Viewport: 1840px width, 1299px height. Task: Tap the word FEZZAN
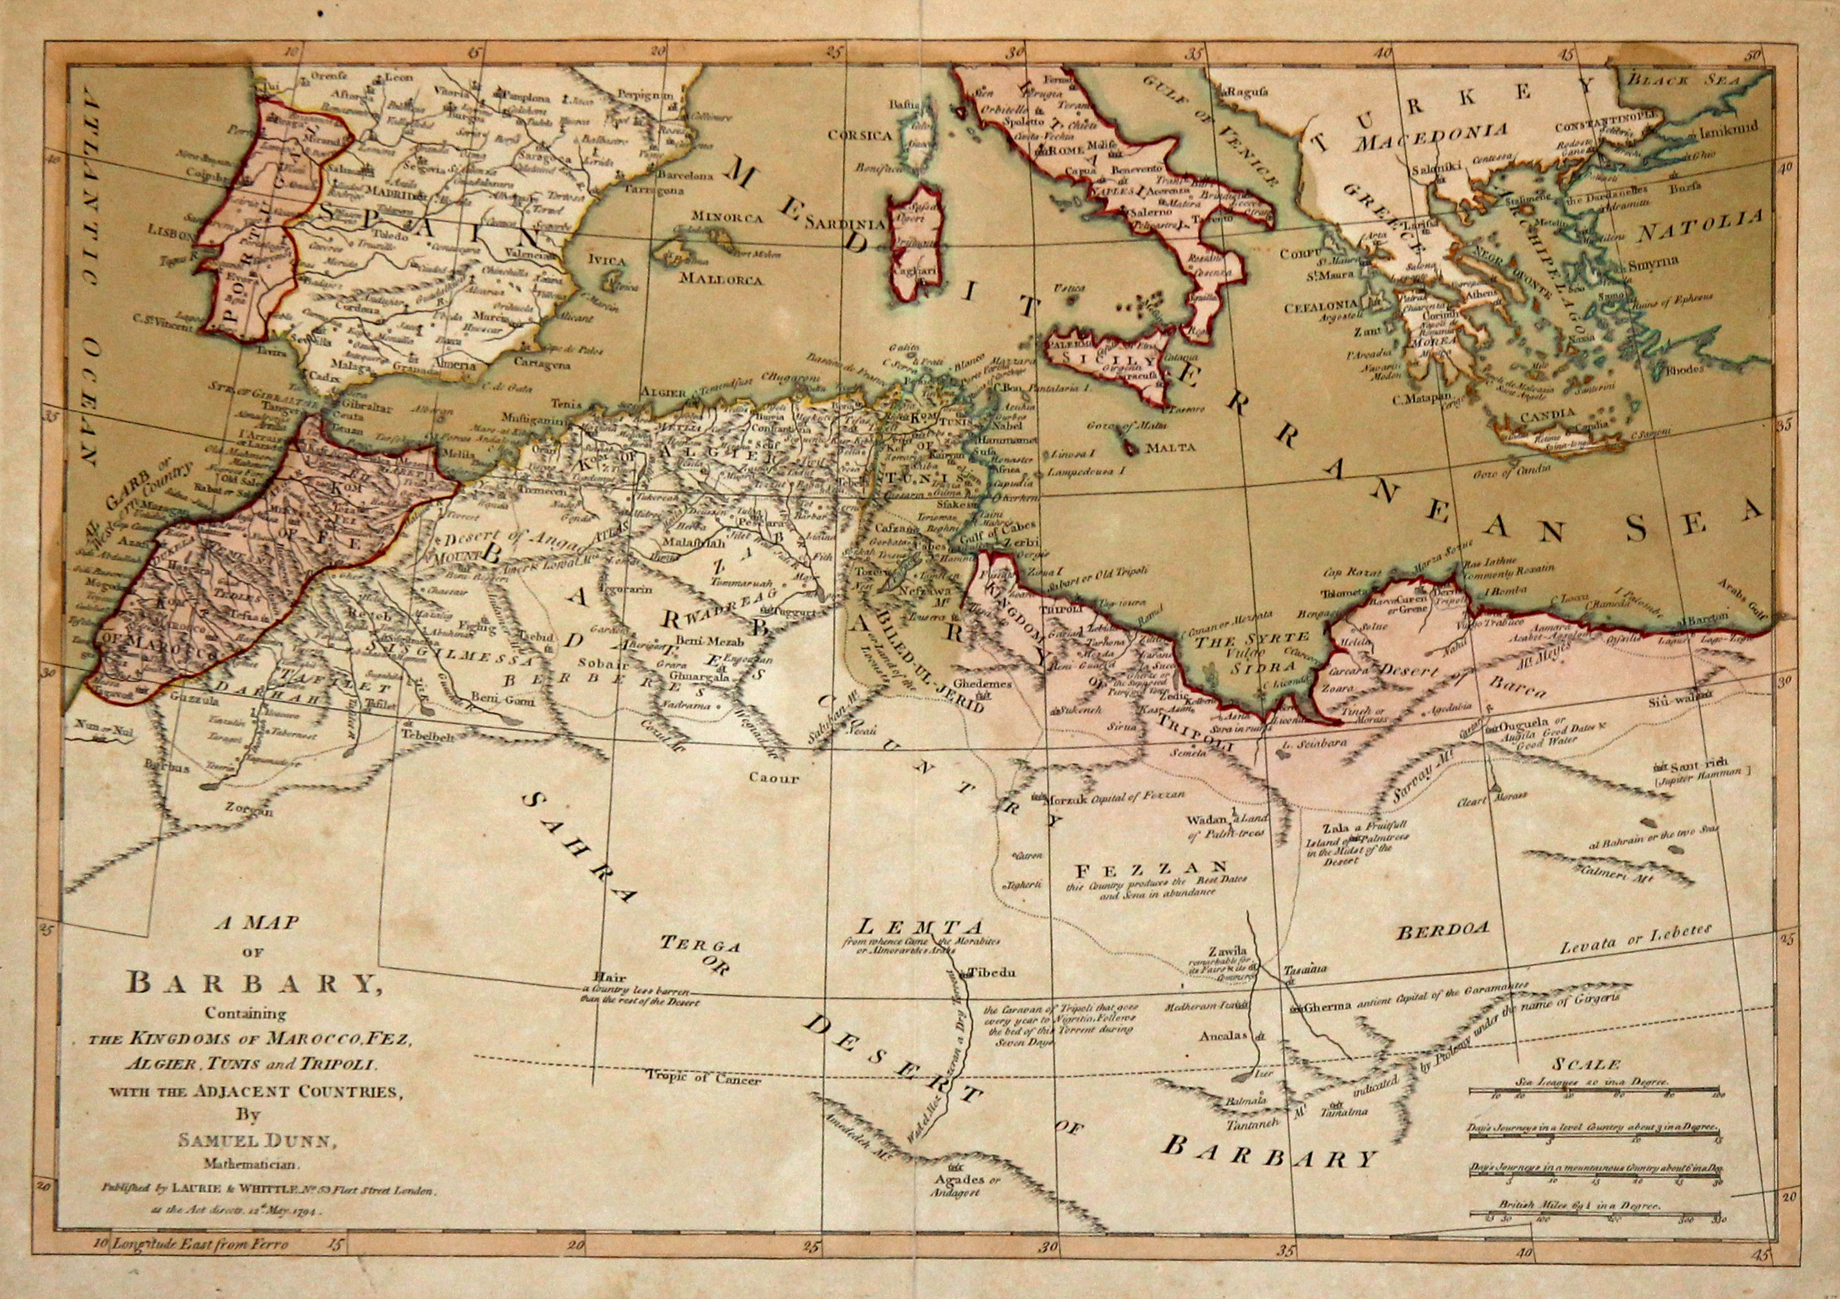point(1151,869)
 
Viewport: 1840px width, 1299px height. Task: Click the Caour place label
point(774,777)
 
